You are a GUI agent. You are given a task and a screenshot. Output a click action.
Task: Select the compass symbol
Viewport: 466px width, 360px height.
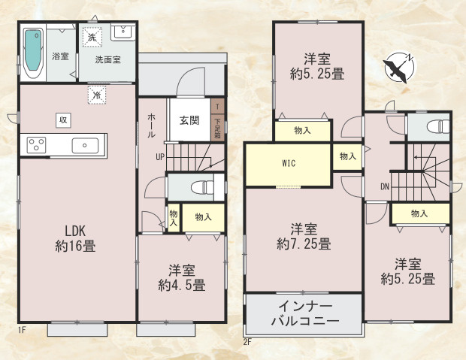(398, 68)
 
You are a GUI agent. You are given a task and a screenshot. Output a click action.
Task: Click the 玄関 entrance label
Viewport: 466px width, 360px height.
(189, 120)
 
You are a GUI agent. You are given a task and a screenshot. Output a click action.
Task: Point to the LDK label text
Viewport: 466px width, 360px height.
(74, 231)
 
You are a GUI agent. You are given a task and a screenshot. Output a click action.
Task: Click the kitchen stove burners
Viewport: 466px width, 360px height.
(38, 144)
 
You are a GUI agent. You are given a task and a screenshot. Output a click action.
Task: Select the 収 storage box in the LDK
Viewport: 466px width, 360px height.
(63, 119)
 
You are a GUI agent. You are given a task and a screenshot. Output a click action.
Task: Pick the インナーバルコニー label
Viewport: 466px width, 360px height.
(304, 313)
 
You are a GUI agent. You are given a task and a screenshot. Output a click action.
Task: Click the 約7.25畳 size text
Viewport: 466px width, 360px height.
(304, 244)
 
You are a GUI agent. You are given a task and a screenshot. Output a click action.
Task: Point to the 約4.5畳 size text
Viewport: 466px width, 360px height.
(182, 285)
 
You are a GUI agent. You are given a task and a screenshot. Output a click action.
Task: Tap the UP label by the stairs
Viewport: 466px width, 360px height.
(159, 157)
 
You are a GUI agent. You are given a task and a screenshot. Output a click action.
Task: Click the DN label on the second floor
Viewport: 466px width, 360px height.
(383, 186)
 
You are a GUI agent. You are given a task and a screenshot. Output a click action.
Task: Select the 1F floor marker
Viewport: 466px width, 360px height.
(22, 330)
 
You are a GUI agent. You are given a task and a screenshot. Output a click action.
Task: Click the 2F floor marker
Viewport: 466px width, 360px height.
(248, 341)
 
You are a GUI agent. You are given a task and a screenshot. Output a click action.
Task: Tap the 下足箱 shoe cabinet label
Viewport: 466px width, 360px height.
(217, 128)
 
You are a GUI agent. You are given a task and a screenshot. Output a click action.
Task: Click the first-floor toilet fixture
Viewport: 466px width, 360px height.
(197, 186)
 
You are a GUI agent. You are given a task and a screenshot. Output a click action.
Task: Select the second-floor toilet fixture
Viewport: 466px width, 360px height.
(435, 126)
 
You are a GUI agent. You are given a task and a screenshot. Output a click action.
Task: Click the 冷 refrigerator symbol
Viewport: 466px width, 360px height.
(97, 95)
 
